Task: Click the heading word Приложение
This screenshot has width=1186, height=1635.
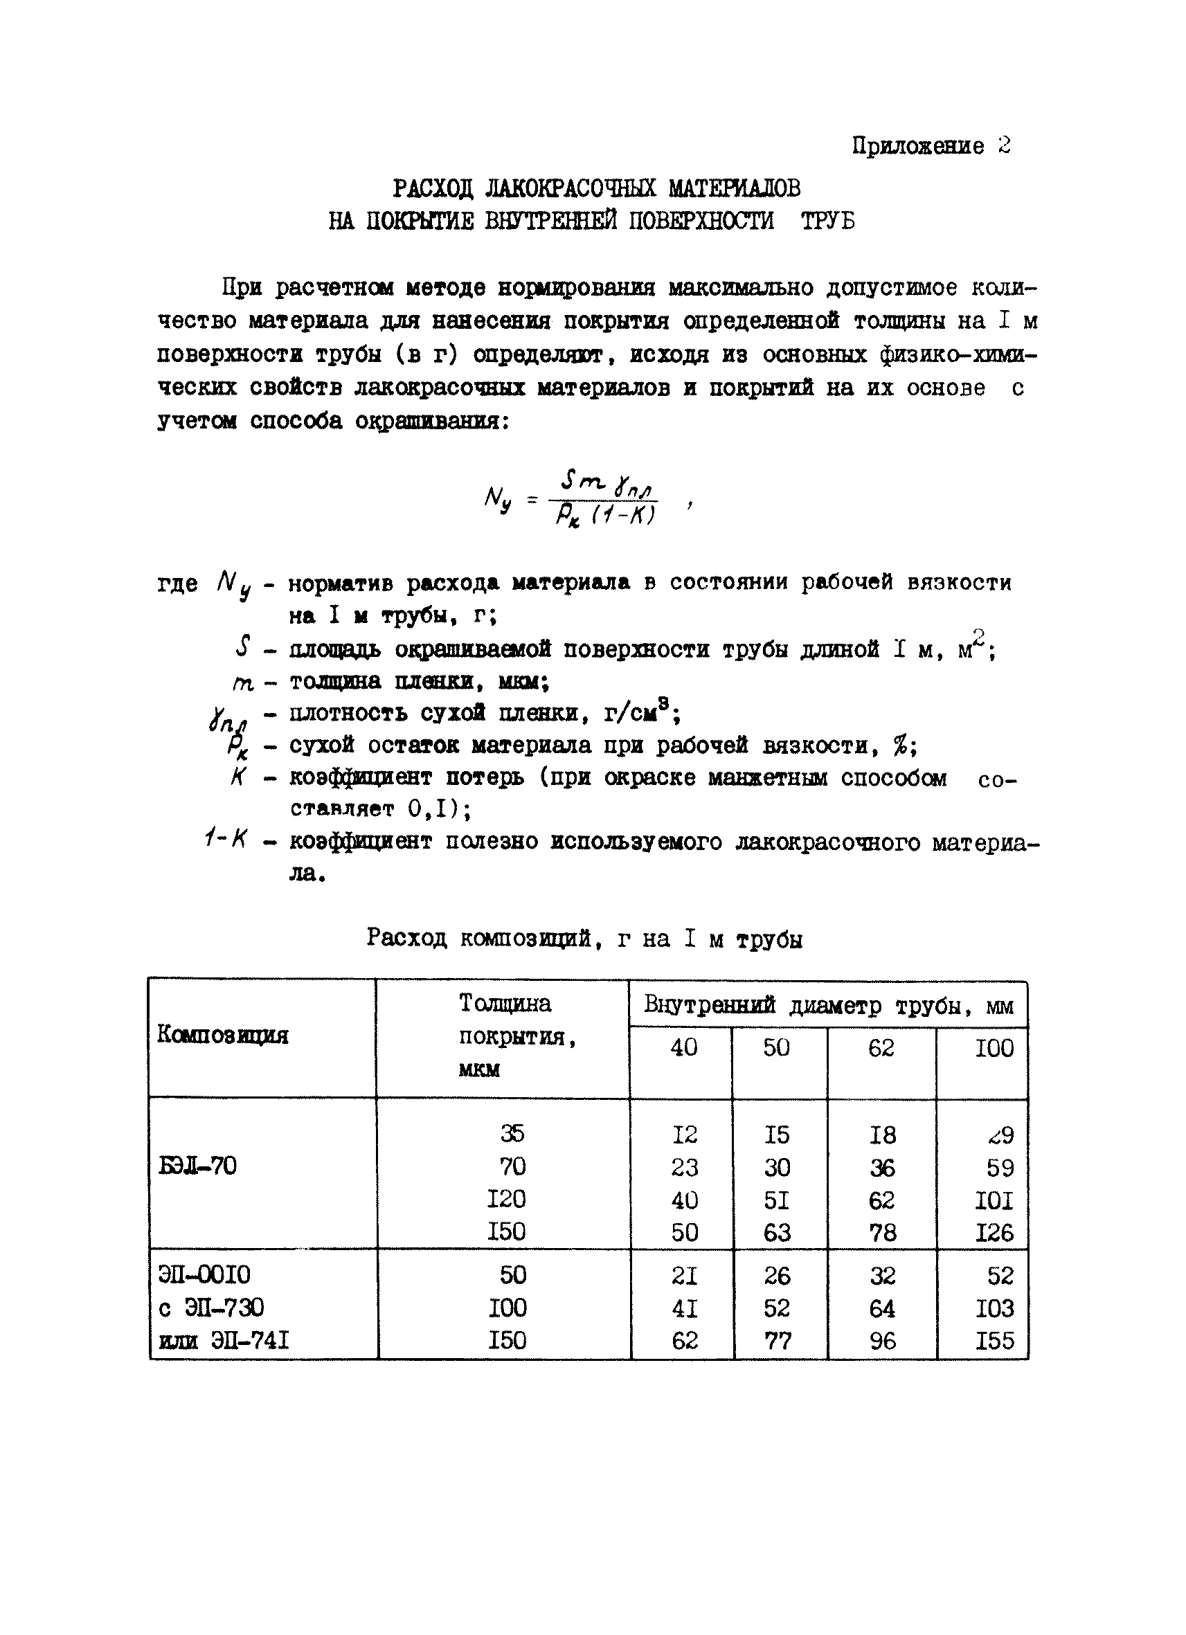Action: tap(917, 146)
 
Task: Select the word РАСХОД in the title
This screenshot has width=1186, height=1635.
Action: tap(432, 189)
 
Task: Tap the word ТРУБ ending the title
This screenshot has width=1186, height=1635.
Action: tap(827, 221)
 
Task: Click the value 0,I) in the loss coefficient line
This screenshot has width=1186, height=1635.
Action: tap(438, 810)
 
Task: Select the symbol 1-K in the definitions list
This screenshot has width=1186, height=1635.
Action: tap(226, 839)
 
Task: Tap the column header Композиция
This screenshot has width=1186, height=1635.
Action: tap(223, 1036)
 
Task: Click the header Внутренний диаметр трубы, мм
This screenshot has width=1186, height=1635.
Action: tap(828, 1005)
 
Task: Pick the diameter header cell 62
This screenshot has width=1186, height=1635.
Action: tap(881, 1047)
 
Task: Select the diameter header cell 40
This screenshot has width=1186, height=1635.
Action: tap(683, 1047)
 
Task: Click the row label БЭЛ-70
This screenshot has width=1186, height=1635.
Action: tap(197, 1166)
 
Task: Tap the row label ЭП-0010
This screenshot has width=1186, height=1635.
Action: tap(204, 1275)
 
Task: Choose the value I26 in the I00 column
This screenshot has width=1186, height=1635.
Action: tap(994, 1233)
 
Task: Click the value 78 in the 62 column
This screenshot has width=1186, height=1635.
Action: tap(883, 1233)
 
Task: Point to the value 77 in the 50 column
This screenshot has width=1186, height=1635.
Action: tap(777, 1341)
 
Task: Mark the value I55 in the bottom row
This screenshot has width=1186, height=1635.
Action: tap(994, 1341)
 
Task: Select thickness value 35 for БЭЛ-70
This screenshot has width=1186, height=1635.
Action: tap(512, 1134)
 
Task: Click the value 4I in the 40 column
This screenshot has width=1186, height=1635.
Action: tap(683, 1308)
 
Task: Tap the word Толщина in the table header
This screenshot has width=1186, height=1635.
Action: tap(505, 1004)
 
